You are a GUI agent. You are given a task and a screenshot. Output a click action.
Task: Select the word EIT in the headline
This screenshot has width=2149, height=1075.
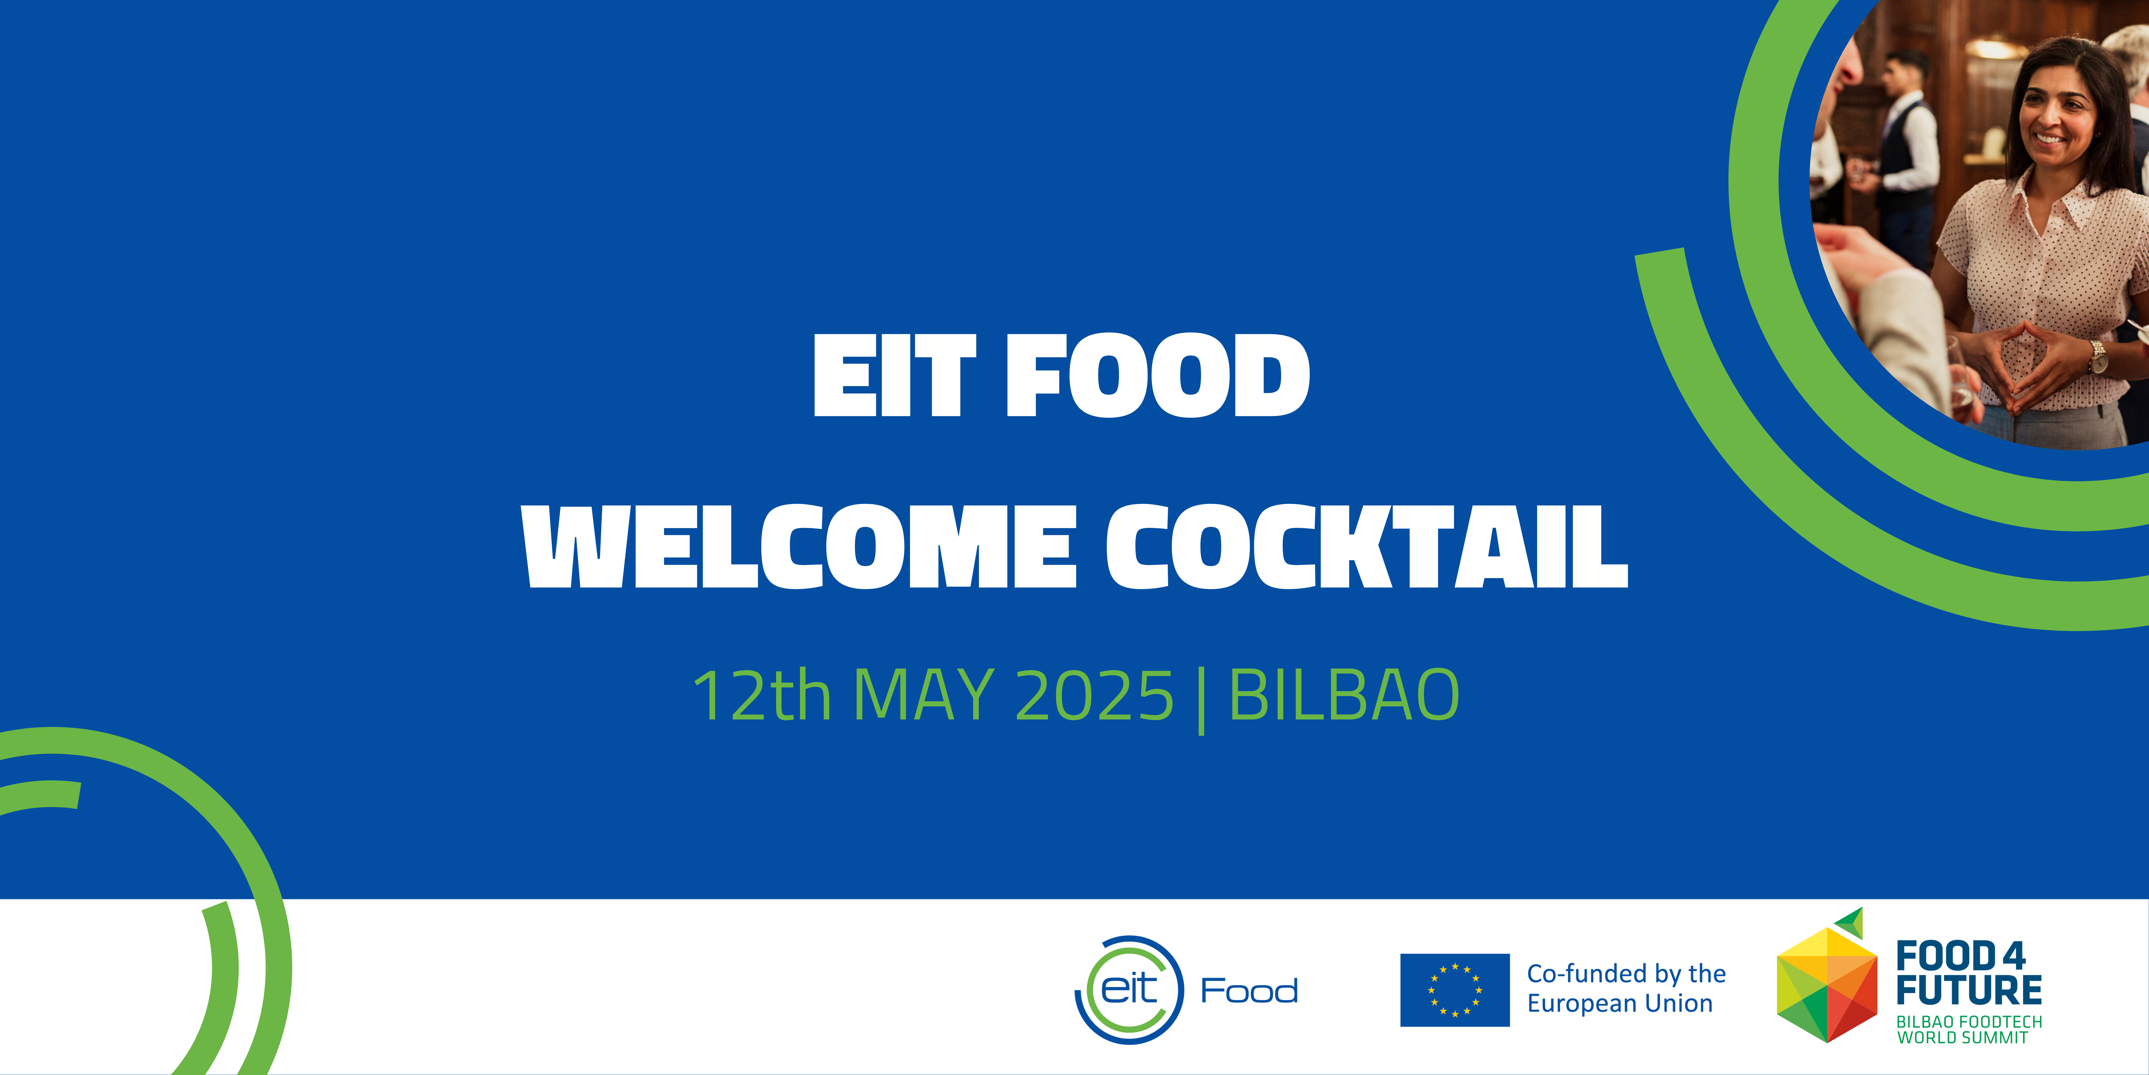point(894,375)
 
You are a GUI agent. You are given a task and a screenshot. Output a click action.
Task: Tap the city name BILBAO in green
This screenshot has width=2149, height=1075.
point(1344,695)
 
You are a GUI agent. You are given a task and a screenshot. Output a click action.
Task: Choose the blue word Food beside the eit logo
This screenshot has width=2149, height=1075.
point(1249,991)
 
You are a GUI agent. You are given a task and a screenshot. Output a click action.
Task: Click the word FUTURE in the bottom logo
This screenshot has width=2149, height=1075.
point(1969,990)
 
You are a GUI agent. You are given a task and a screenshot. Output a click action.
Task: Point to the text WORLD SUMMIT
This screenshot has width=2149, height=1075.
point(1962,1037)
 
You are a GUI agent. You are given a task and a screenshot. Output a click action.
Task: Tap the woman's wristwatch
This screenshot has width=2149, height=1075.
point(2097,357)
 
